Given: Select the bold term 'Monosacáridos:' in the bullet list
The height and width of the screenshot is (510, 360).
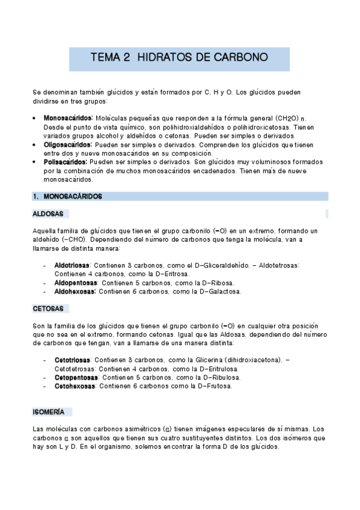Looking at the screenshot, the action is [68, 118].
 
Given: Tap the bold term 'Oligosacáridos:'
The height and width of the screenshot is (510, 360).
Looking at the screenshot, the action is [68, 145].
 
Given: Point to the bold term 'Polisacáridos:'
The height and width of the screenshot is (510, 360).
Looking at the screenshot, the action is [66, 162].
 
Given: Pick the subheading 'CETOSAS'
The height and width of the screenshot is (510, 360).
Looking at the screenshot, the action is [47, 309].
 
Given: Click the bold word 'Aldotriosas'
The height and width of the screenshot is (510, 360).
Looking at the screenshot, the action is [72, 265].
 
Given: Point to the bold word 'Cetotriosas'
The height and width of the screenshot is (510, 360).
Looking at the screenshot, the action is [72, 360].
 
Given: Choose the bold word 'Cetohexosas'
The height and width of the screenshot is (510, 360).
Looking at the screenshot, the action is [74, 386].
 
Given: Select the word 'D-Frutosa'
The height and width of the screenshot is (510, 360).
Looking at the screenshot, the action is [213, 386].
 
